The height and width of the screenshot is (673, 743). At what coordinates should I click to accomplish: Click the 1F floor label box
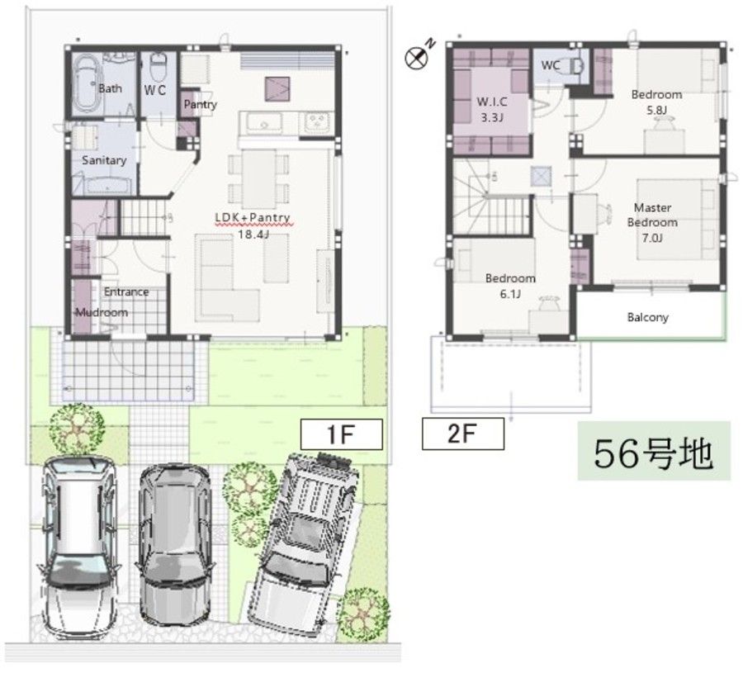click(341, 434)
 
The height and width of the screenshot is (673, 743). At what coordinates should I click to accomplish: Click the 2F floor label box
click(462, 434)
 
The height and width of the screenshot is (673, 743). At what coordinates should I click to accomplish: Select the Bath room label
click(110, 88)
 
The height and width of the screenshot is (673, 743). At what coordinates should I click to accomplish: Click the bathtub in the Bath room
click(87, 84)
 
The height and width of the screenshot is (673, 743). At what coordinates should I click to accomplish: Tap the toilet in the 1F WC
click(159, 67)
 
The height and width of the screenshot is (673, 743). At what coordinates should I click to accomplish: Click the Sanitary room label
click(104, 160)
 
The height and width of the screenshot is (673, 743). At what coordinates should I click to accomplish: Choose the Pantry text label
click(200, 104)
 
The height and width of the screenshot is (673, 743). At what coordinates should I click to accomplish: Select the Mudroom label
click(102, 312)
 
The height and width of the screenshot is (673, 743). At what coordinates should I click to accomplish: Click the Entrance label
click(126, 292)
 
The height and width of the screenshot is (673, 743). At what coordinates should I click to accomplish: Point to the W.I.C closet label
click(492, 102)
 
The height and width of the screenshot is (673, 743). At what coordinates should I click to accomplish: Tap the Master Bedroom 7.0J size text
click(652, 238)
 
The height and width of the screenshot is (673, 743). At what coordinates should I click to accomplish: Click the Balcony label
click(648, 317)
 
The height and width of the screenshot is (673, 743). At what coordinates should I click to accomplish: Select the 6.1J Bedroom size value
click(510, 294)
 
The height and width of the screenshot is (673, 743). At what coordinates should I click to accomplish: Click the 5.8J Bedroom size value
click(656, 110)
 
